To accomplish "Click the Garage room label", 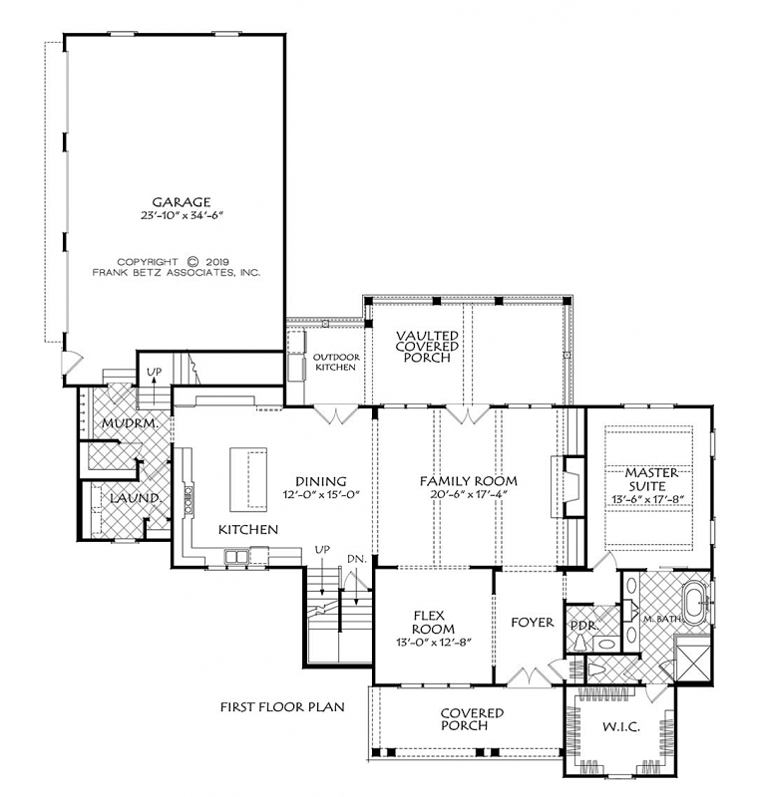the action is point(182,202).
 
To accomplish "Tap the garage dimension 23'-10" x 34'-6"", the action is point(183,215).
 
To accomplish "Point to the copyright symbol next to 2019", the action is point(192,262).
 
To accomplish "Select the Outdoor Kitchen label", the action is point(336,362).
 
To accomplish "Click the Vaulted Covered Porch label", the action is point(427,346).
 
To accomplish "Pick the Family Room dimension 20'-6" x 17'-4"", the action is point(468,494).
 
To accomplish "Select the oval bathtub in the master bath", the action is point(694,606).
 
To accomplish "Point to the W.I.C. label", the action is point(621,727).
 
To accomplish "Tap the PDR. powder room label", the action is point(583,626).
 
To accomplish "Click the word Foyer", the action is point(533,622).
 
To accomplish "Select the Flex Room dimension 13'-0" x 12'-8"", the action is point(434,642).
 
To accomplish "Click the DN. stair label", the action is point(357,559).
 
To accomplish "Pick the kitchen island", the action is point(248,479).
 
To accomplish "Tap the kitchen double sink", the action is point(236,557).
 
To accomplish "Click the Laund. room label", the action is point(137,498).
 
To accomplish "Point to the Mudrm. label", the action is point(130,422).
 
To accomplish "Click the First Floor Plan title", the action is point(282,706).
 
